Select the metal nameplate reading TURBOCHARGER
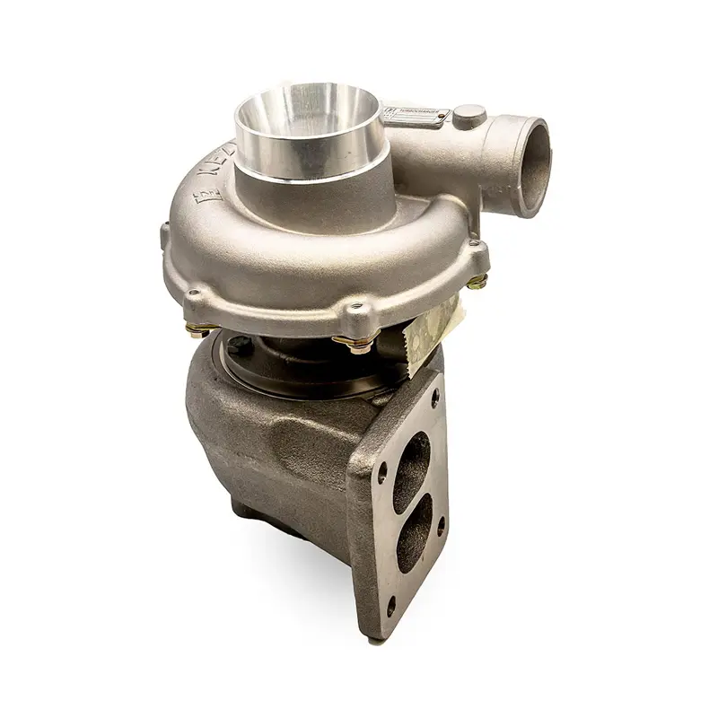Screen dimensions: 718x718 click(415, 115)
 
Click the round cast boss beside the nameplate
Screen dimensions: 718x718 click(469, 115)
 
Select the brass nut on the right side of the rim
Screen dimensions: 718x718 click(478, 281)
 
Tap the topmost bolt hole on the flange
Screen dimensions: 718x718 click(436, 393)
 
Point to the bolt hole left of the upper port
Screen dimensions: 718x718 click(382, 467)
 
